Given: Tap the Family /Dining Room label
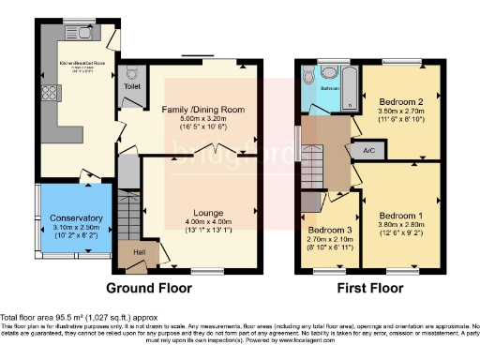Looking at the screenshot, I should [204, 110].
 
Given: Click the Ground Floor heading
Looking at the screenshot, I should [149, 287].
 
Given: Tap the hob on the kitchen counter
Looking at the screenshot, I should [48, 96].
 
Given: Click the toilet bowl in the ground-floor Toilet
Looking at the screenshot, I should [131, 72].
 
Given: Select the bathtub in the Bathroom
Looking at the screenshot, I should [350, 89].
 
